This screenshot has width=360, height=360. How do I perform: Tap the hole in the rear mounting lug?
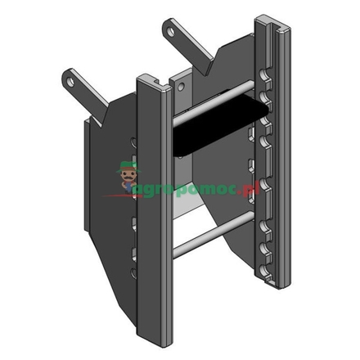171,32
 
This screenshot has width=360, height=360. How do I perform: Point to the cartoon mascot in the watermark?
127,178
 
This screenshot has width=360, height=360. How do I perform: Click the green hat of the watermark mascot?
127,166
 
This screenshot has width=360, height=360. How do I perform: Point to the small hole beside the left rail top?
179,85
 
